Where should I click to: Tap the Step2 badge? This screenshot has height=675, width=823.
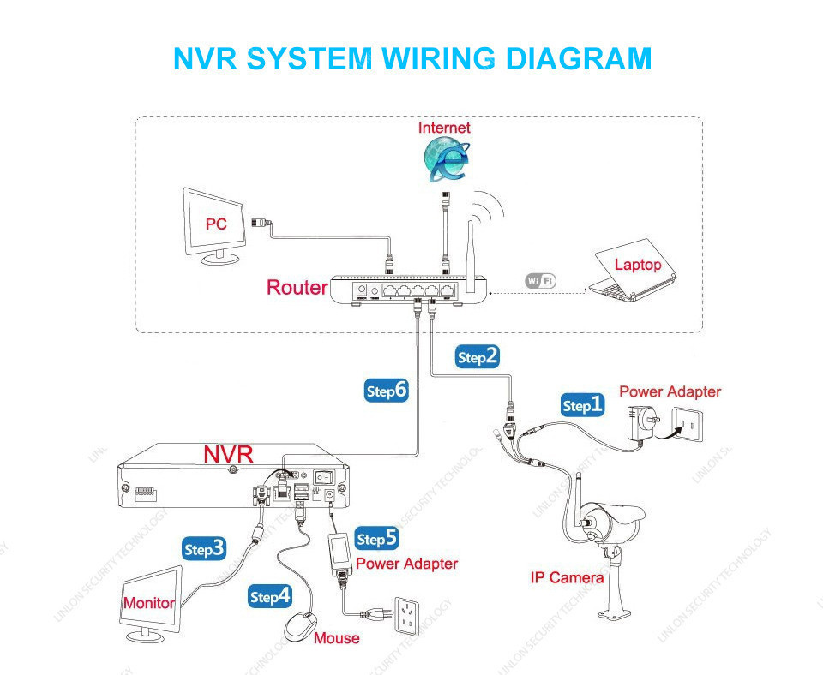click(478, 357)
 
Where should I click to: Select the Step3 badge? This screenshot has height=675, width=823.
click(206, 549)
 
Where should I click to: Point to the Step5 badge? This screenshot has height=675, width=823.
click(377, 539)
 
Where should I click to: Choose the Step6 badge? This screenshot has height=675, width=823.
click(387, 391)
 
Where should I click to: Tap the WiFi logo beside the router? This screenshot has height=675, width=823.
click(541, 280)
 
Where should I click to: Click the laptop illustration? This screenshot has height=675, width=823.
click(633, 272)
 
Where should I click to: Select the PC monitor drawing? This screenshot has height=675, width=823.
click(214, 224)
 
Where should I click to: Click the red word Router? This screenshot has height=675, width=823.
click(297, 288)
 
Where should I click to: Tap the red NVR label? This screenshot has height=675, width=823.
click(228, 454)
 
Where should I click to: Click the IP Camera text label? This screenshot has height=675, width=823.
click(567, 577)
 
